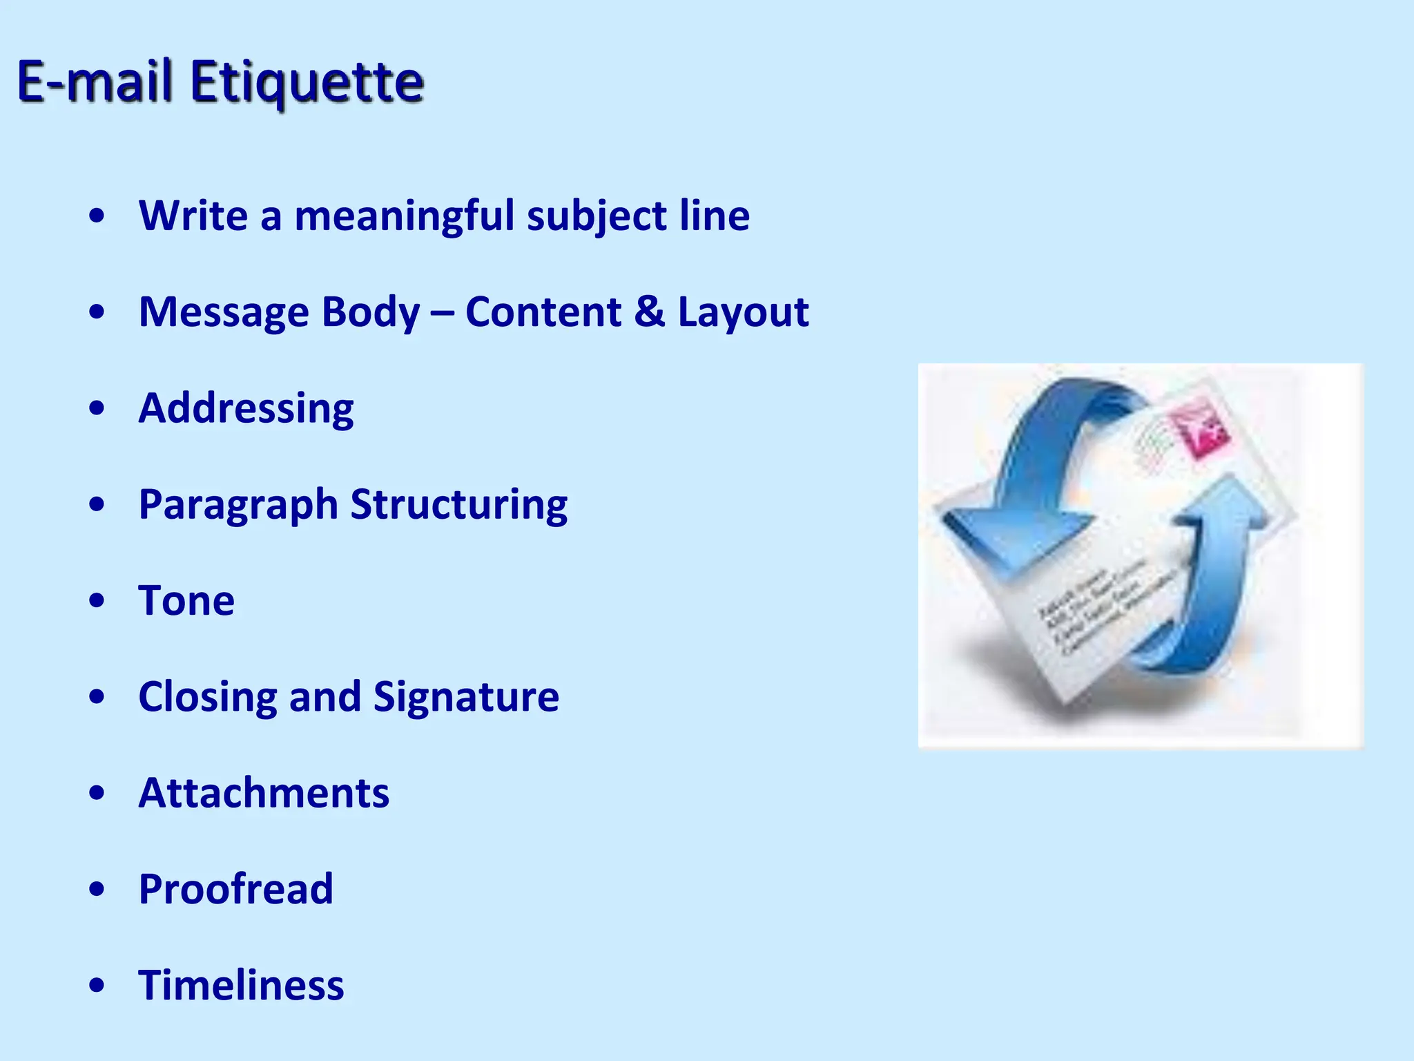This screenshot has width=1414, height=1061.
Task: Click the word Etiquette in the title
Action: coord(307,83)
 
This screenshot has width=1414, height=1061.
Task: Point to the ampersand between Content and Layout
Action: coord(649,312)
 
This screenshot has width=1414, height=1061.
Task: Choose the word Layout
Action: coord(743,313)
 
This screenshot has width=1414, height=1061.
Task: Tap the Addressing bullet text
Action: coord(246,409)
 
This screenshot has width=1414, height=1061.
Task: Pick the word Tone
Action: coord(186,600)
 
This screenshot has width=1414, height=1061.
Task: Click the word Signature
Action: coord(466,698)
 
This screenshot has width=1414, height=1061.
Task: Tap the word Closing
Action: coord(208,698)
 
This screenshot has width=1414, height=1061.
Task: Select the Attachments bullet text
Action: coord(264,793)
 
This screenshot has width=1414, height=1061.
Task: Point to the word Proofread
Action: coord(236,889)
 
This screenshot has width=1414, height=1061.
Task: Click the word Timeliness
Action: coord(241,985)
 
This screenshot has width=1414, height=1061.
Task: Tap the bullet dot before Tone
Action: coord(97,600)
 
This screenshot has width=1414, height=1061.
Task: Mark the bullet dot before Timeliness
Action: coord(97,985)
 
